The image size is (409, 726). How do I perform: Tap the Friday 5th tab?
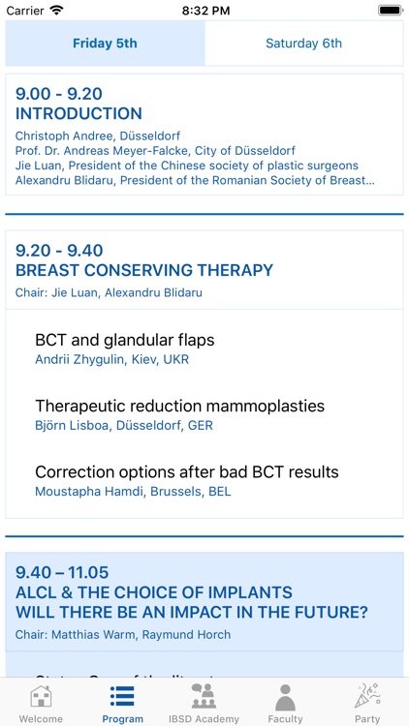click(x=105, y=44)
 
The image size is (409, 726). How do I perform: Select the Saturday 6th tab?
click(x=303, y=44)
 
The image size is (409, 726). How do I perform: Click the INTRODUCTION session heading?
click(x=79, y=114)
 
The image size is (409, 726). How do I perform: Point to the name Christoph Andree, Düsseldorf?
click(x=98, y=136)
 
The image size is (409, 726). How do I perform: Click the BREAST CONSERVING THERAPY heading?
click(x=144, y=271)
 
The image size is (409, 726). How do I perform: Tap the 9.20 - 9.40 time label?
click(x=59, y=251)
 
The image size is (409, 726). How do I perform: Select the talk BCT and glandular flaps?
click(x=124, y=340)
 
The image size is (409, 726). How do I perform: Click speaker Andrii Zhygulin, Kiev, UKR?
click(x=111, y=360)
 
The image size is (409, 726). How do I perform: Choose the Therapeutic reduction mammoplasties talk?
click(x=179, y=406)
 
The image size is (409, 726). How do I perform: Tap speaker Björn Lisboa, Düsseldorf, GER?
click(x=124, y=426)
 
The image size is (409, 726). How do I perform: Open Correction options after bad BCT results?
click(x=187, y=472)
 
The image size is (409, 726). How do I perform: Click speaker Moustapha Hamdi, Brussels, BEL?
click(x=133, y=492)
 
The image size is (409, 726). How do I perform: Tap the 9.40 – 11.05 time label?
click(x=62, y=572)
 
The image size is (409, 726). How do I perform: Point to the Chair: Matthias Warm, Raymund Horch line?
click(x=123, y=635)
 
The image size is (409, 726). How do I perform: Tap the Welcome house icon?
click(x=41, y=696)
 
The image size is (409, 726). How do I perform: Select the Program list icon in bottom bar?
click(x=122, y=696)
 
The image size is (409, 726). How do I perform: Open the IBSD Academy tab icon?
click(x=204, y=696)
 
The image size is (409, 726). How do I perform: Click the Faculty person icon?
click(x=285, y=696)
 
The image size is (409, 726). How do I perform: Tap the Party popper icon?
click(x=367, y=696)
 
